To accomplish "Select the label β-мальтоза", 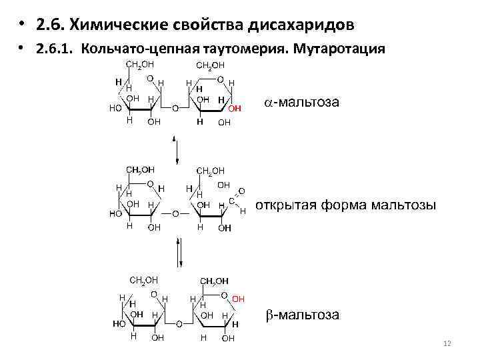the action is [x=304, y=315].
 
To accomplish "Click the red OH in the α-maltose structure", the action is [x=234, y=108].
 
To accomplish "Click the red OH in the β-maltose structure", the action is [x=239, y=299].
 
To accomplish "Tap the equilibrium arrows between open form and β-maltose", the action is [x=179, y=253].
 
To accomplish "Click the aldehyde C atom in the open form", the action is [x=231, y=200].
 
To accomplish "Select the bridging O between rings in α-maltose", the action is [x=174, y=107].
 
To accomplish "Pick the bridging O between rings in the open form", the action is [x=174, y=214].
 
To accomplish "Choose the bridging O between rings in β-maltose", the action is [x=178, y=323].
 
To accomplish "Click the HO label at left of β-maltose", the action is [x=119, y=323].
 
